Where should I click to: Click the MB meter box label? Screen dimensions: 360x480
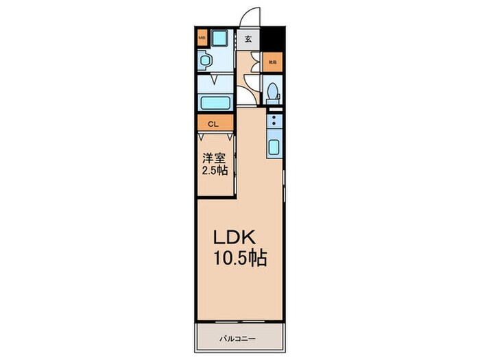(202, 38)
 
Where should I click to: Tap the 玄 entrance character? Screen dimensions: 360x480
(248, 38)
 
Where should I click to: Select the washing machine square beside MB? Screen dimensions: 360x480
(221, 38)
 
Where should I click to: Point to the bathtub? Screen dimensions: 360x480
(216, 104)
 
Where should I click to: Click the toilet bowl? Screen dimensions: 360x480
(273, 91)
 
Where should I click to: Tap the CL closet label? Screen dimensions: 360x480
(213, 124)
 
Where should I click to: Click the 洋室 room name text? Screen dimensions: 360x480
(213, 157)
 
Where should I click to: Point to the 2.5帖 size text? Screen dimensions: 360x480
(214, 171)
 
